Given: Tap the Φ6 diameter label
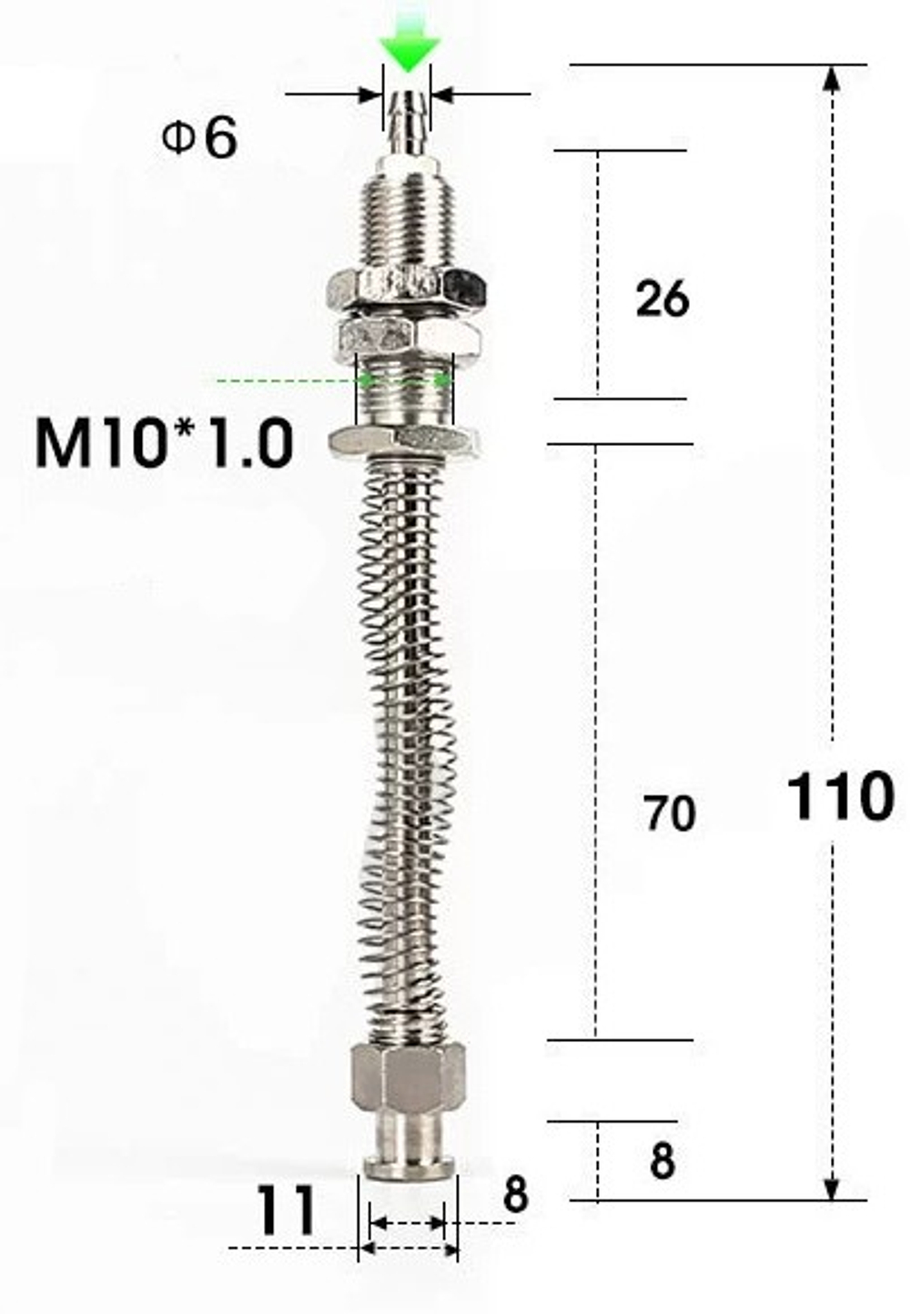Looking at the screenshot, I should (200, 139).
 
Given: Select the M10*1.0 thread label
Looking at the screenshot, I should (165, 442).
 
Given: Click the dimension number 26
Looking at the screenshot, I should (662, 298).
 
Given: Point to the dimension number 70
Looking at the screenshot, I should (670, 814).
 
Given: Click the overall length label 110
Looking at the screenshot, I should (839, 796).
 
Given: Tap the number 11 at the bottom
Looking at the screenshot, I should (285, 1209).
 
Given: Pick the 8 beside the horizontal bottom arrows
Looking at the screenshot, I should (515, 1195).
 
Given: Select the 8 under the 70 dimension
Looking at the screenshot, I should (662, 1161).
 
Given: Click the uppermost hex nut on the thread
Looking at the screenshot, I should (406, 288).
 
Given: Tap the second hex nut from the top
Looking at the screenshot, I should (409, 335).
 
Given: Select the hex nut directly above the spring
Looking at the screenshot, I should (406, 440).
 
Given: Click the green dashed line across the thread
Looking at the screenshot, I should (273, 379).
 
